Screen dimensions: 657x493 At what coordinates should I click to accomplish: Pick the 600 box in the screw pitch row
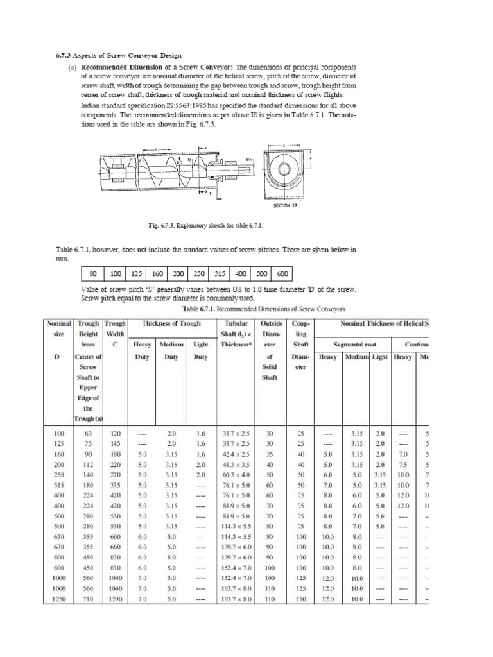282,273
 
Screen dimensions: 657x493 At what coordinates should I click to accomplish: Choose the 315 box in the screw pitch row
220,273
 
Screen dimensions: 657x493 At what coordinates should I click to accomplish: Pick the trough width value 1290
116,599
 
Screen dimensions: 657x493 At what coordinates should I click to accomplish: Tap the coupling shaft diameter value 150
300,599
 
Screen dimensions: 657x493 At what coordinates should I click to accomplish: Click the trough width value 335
116,486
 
